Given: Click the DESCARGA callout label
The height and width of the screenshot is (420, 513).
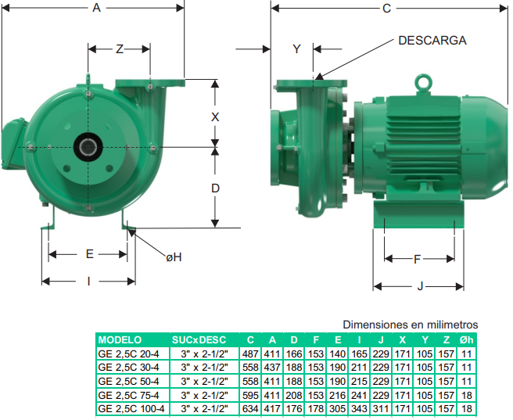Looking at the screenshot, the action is (432, 41).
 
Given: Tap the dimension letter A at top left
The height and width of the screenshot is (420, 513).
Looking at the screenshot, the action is (96, 8).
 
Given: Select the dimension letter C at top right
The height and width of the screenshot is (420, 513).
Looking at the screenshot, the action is (387, 9).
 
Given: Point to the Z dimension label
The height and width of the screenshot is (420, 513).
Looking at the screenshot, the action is (120, 49).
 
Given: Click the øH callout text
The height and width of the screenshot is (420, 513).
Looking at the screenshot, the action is (174, 257).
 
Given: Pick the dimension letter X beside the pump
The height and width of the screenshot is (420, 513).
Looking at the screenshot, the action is (215, 117).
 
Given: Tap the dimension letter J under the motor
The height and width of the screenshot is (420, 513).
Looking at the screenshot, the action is (420, 286).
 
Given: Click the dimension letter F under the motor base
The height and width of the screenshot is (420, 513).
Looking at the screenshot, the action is (417, 260).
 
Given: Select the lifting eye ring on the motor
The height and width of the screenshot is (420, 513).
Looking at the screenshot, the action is (423, 82).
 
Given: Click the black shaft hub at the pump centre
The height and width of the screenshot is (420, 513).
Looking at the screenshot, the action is (88, 147).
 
